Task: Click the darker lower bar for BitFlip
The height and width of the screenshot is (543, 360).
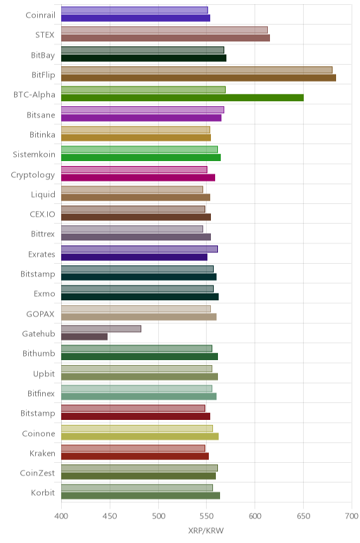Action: tap(199, 78)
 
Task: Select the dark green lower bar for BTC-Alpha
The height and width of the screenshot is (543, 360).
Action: tap(182, 98)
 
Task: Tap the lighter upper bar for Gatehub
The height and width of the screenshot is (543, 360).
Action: tap(101, 328)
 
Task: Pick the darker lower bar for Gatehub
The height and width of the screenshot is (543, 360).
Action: tap(84, 337)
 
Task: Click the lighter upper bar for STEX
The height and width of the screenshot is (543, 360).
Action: tap(165, 30)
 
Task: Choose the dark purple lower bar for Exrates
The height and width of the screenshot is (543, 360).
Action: tap(134, 257)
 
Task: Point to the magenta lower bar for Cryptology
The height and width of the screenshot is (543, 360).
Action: tap(138, 177)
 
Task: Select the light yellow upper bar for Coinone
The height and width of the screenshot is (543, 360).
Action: tap(137, 428)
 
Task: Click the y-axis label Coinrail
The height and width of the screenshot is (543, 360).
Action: tap(40, 15)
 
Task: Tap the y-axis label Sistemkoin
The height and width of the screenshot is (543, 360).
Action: tap(34, 155)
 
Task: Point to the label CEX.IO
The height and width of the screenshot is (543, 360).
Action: tap(42, 215)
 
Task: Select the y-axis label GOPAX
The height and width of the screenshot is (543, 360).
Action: tap(40, 314)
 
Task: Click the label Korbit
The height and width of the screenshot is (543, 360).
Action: tap(43, 492)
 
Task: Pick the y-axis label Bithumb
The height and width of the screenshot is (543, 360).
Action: tap(39, 353)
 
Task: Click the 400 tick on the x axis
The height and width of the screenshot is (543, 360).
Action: tap(61, 516)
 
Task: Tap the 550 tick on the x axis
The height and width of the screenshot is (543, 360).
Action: tap(206, 516)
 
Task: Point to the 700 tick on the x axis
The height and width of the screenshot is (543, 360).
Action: tap(352, 516)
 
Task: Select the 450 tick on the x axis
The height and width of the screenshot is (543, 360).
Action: tap(110, 516)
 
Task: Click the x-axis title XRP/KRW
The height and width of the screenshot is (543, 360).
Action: tap(206, 530)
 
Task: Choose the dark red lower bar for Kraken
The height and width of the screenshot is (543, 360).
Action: tap(135, 456)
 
